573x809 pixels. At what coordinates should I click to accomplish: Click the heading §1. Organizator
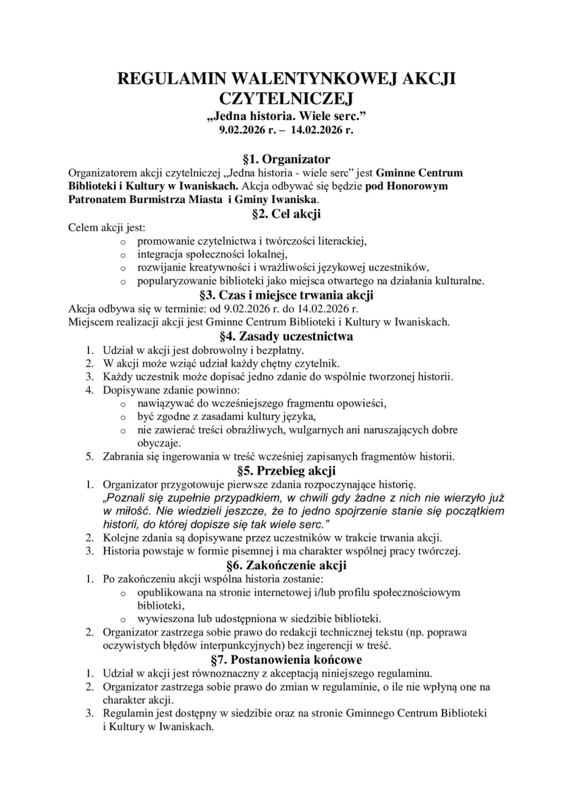(286, 160)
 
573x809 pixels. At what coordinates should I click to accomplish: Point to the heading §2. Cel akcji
(286, 214)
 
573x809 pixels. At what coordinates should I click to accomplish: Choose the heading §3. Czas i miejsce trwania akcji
(286, 295)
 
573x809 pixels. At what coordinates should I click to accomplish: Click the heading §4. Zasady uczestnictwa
(286, 336)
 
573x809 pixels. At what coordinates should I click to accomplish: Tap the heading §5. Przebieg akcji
(286, 471)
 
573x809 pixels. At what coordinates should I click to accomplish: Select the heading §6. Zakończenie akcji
(286, 565)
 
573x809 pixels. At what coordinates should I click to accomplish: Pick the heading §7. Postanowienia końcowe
(286, 659)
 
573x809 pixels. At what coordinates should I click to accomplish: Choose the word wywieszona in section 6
(164, 619)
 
